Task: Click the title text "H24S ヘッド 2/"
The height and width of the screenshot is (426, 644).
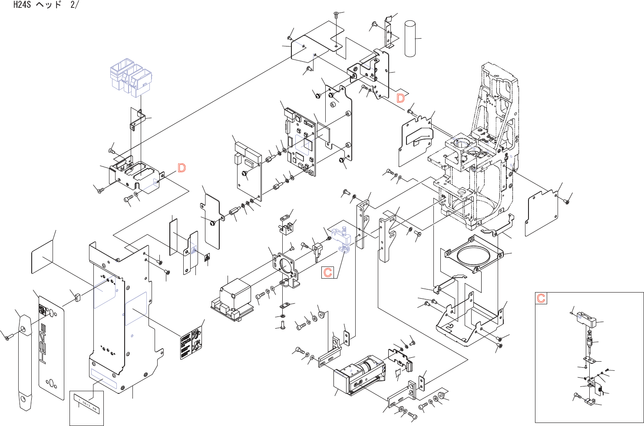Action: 46,6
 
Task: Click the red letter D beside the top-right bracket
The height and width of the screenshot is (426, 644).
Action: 400,98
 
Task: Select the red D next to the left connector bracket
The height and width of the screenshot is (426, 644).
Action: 182,168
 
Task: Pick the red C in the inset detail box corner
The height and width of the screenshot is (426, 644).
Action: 541,298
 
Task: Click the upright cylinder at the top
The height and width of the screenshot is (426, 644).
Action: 410,39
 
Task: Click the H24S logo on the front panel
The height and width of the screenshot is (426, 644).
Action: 43,343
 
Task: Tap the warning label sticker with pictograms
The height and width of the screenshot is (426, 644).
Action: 192,343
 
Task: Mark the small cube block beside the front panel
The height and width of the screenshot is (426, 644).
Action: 78,297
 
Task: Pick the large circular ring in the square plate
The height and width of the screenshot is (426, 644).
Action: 472,256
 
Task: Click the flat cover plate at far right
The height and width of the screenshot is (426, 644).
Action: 542,213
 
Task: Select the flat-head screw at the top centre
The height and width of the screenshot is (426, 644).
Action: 337,15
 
